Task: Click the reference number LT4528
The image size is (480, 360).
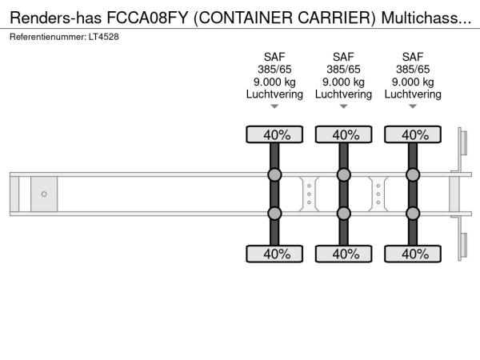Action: tap(104, 37)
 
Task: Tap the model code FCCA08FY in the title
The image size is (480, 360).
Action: tap(147, 18)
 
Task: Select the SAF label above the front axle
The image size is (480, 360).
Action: tap(274, 57)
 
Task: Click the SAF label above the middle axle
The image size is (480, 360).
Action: tap(343, 57)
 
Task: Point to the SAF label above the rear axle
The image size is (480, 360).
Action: tap(413, 57)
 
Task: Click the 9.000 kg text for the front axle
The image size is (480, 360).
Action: tap(274, 82)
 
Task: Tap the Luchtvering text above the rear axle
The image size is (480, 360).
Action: tap(413, 94)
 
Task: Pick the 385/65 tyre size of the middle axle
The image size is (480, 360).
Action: tap(343, 70)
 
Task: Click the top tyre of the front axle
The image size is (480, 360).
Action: tap(274, 134)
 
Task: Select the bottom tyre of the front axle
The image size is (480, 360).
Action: tap(274, 254)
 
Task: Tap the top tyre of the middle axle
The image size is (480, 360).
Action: tap(343, 134)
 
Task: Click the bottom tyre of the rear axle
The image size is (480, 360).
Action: tap(413, 254)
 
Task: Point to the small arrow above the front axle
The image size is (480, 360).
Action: tap(274, 106)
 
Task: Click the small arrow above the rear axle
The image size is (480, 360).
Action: tap(413, 106)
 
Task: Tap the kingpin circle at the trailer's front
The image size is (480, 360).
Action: tap(44, 194)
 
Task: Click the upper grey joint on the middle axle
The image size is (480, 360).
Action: tap(343, 174)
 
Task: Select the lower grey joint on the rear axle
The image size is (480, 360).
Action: tap(413, 214)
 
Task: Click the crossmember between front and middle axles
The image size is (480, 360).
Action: tap(309, 194)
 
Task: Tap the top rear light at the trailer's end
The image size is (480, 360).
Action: tap(463, 143)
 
